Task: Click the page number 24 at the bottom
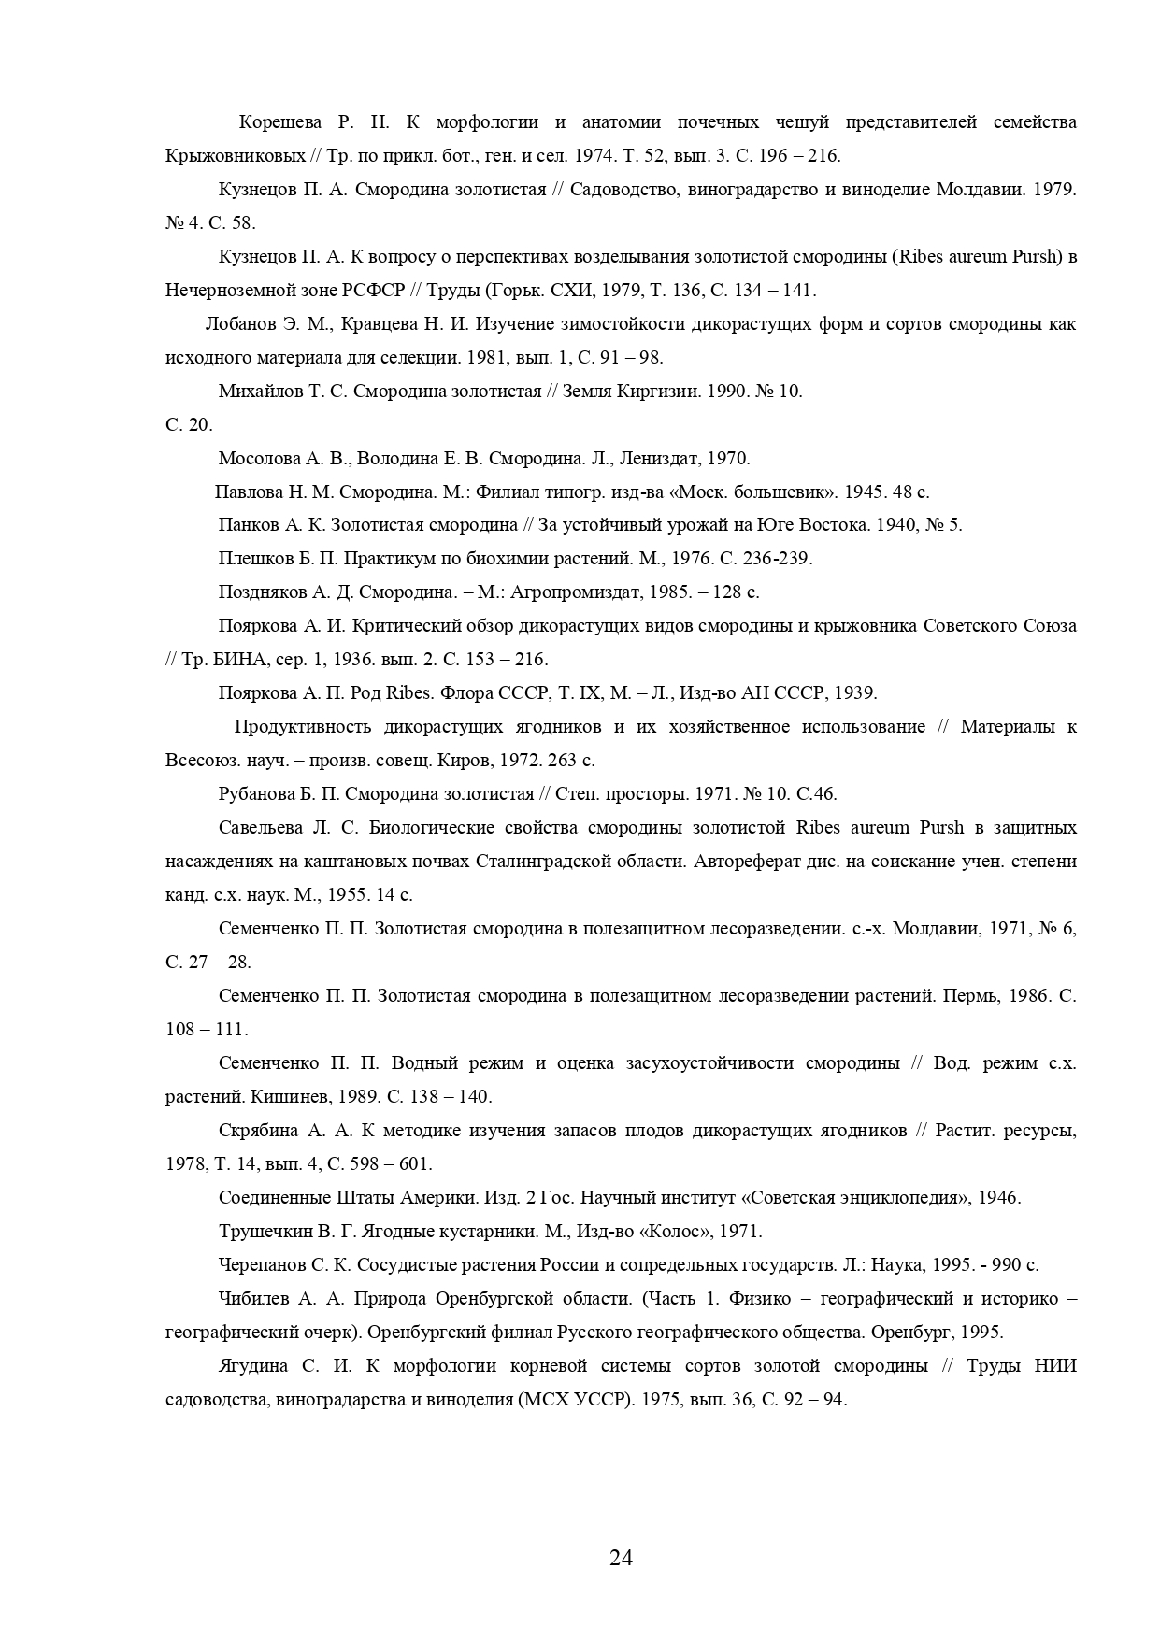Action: pyautogui.click(x=621, y=1557)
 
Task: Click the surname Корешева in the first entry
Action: pyautogui.click(x=280, y=122)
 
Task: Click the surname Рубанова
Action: pyautogui.click(x=258, y=794)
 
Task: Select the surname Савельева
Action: pyautogui.click(x=263, y=828)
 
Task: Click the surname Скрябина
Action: pyautogui.click(x=258, y=1131)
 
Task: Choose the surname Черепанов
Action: pyautogui.click(x=263, y=1265)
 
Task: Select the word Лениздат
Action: pyautogui.click(x=661, y=459)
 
